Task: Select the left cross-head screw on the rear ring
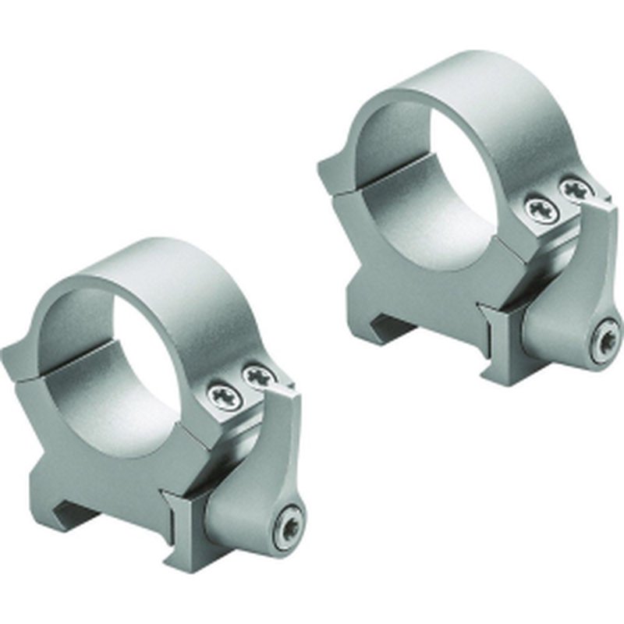pyautogui.click(x=538, y=207)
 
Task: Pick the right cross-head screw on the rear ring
pyautogui.click(x=576, y=188)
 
